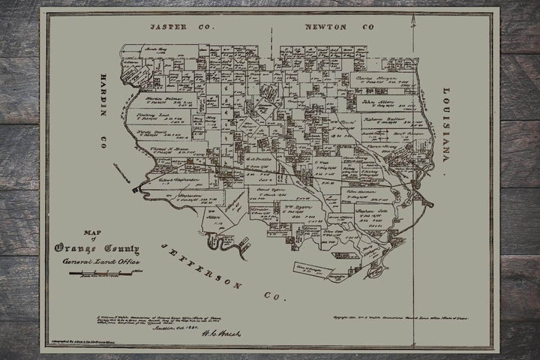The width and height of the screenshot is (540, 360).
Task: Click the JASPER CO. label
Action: [181, 27]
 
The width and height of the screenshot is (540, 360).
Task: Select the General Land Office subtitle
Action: [96, 261]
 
